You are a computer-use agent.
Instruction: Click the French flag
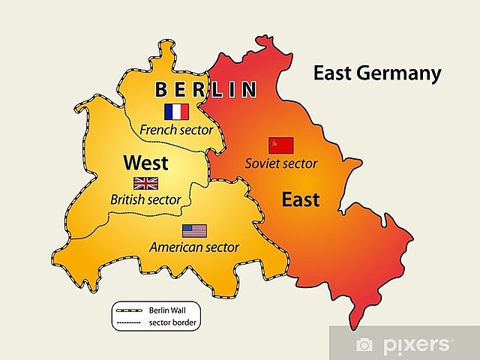click(x=176, y=112)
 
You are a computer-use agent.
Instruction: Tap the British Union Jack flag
click(x=146, y=183)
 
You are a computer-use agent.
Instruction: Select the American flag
click(x=194, y=230)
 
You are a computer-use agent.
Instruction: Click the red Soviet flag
click(x=281, y=145)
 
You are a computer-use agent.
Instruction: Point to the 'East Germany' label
click(x=377, y=73)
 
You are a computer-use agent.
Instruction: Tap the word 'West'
click(x=145, y=163)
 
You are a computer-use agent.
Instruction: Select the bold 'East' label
click(x=300, y=199)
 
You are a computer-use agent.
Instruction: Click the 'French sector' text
click(x=177, y=130)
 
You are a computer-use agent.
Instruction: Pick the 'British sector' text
click(x=145, y=199)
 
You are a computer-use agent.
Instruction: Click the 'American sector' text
click(x=194, y=247)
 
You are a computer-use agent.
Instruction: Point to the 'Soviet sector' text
click(x=281, y=163)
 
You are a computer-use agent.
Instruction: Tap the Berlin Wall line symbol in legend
click(x=128, y=309)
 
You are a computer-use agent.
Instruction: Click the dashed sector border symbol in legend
click(x=128, y=321)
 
